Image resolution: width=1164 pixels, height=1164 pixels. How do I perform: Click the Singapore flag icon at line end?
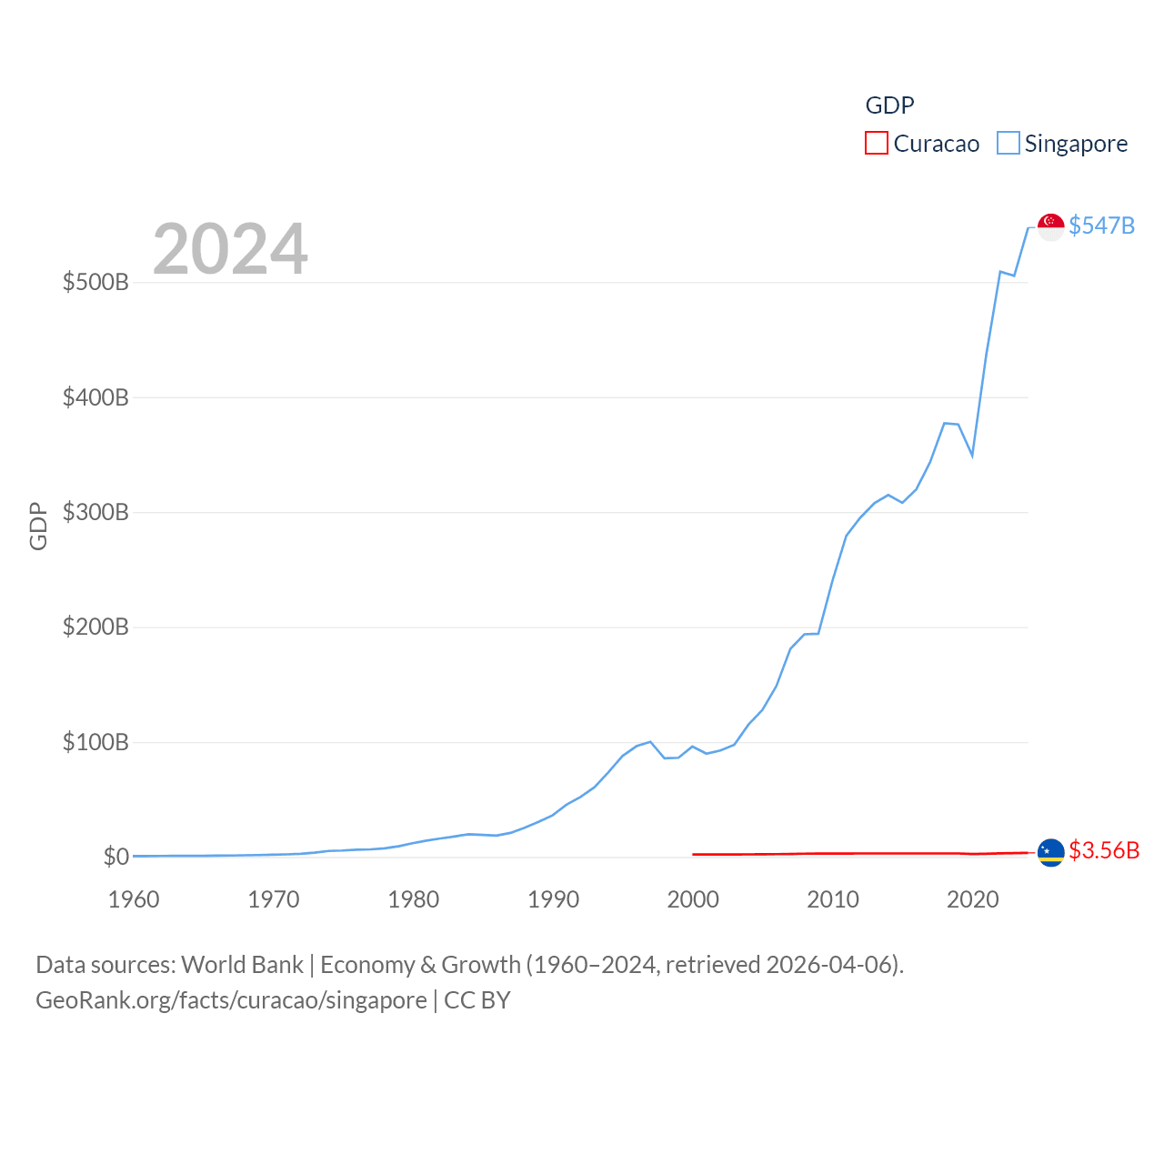click(x=1050, y=226)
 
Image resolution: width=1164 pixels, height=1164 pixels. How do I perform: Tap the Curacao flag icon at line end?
click(x=1050, y=853)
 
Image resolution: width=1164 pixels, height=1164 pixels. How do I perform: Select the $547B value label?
click(x=1101, y=226)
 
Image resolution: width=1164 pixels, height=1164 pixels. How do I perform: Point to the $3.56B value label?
click(x=1104, y=850)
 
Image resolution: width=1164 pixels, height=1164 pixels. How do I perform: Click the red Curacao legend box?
click(x=876, y=143)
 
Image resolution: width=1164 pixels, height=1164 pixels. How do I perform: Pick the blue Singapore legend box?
click(x=1008, y=143)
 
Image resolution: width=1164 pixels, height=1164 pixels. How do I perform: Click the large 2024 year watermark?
click(x=230, y=249)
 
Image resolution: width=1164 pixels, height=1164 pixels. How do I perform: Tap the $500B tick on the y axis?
click(x=95, y=282)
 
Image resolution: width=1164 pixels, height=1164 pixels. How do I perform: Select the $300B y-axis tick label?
click(x=95, y=512)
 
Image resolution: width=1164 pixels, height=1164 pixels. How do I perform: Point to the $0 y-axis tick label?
click(x=115, y=857)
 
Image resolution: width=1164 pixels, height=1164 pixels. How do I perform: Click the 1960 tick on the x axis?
click(x=134, y=899)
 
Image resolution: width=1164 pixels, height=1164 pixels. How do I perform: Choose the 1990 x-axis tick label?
click(x=553, y=899)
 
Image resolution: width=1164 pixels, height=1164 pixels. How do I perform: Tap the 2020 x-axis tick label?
click(x=972, y=899)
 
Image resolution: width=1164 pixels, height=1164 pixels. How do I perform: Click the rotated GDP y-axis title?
click(x=38, y=526)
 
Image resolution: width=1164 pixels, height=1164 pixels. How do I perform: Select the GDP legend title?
click(x=889, y=105)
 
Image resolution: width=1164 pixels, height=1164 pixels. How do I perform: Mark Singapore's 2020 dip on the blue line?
click(x=972, y=454)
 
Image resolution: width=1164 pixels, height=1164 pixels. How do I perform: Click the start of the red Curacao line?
click(x=694, y=854)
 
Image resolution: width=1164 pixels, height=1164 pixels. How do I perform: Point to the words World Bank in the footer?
click(x=242, y=964)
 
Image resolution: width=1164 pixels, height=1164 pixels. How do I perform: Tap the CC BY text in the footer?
click(x=477, y=1000)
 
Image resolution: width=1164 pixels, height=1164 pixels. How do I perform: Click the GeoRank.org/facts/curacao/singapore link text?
click(x=231, y=1000)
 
